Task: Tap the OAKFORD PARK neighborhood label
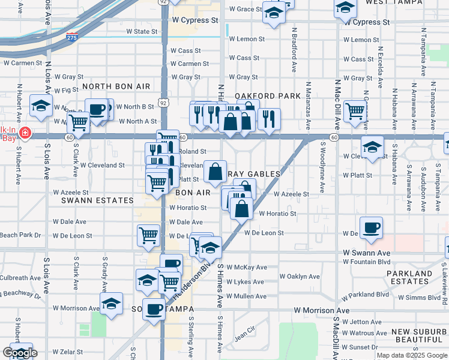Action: (267, 96)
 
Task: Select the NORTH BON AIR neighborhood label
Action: (116, 86)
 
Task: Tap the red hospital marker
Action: (25, 133)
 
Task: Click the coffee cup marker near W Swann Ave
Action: (371, 229)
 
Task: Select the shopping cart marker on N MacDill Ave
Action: (356, 110)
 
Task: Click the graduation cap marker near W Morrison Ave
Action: (111, 304)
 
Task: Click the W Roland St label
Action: (193, 152)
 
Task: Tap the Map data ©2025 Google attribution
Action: (411, 355)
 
